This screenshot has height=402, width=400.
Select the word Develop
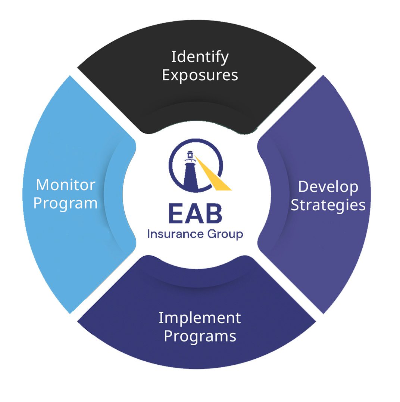328,187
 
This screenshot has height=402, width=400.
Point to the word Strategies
328,205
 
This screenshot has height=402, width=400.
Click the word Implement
200,318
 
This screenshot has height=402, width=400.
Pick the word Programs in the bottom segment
200,336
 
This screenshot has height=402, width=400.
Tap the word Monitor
66,185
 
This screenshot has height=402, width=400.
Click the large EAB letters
195,214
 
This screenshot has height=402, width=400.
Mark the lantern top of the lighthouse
190,154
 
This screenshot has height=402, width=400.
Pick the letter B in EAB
214,214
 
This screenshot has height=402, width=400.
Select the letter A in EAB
195,214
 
